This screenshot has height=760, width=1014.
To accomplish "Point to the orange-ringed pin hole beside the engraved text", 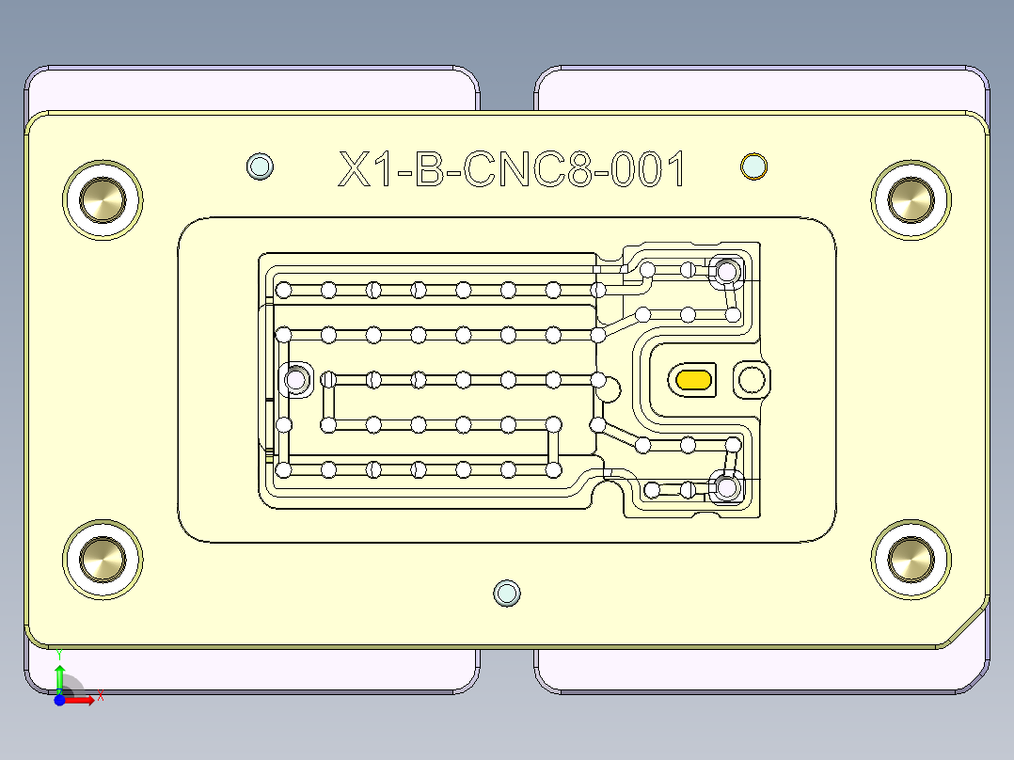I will coord(753,166).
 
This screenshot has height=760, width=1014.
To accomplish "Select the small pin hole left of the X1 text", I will coord(260,166).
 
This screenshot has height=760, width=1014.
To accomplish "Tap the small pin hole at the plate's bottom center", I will coord(507,593).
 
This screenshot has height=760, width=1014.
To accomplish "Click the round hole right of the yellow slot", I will coord(752,379).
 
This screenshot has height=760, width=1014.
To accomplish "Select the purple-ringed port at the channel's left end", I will coord(296,380).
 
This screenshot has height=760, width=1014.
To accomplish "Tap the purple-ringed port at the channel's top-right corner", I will coord(726,273).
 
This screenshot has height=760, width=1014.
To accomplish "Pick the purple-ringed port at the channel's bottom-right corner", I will coord(726,487).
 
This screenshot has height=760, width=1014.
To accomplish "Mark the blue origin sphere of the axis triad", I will coord(60,699).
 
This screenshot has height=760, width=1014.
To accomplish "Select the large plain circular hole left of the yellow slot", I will coord(609,388).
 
